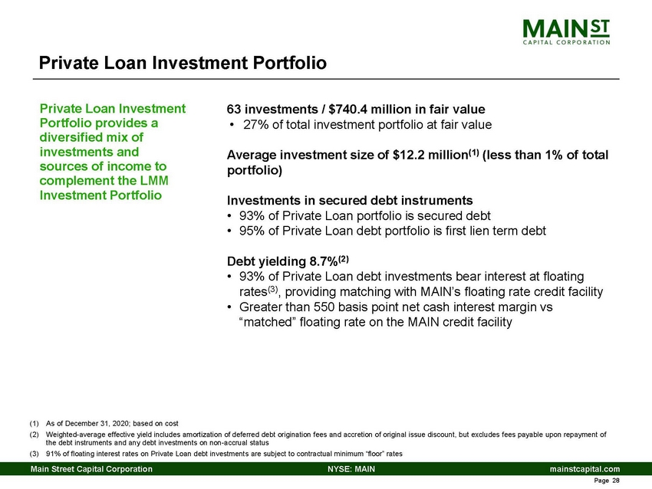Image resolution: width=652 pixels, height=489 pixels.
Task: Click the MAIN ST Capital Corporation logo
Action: tap(567, 32)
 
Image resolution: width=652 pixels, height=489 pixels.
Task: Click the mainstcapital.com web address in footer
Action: tap(583, 468)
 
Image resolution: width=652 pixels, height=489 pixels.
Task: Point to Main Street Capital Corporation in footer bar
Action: tap(91, 468)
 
